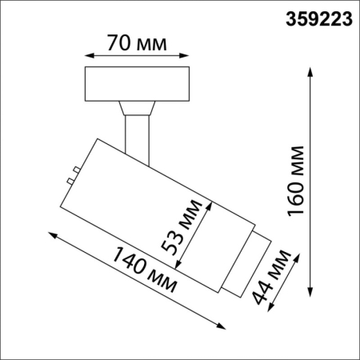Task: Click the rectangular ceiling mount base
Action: [x=137, y=84]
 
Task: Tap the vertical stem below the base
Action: [x=137, y=132]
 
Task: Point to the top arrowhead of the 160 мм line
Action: [x=310, y=70]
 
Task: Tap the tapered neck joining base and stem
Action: [x=137, y=106]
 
